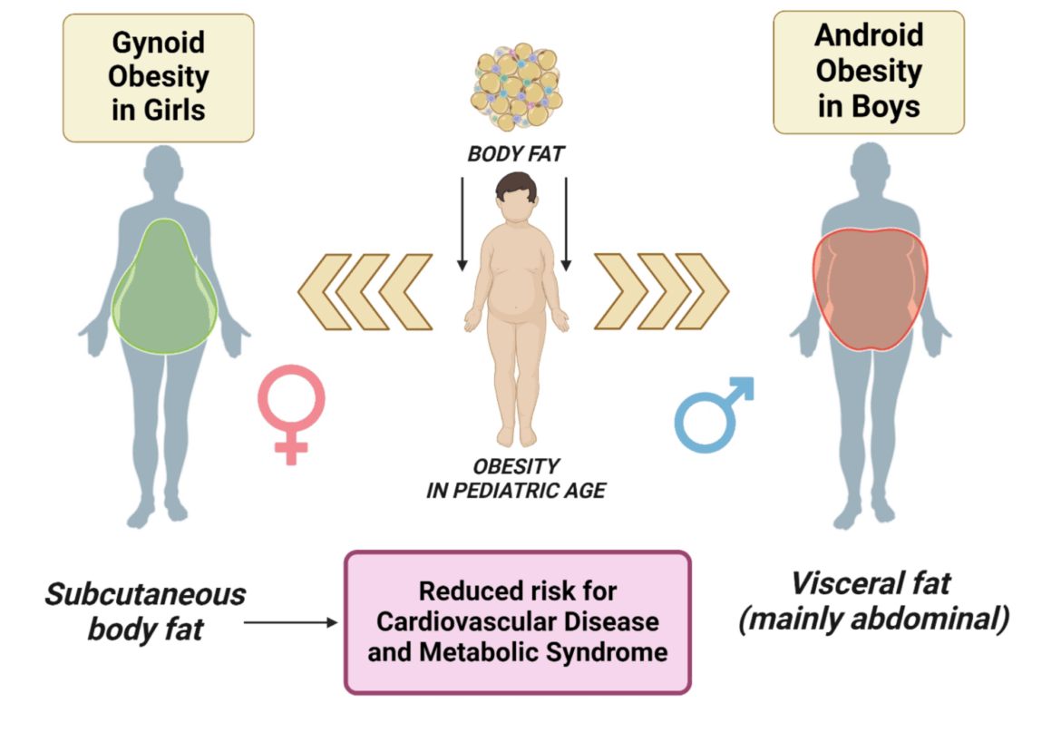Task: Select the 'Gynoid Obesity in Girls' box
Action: [x=158, y=77]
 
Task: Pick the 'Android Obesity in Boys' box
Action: [x=868, y=72]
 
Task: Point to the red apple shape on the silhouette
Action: [x=870, y=289]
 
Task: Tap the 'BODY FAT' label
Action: [x=515, y=154]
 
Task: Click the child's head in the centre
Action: [x=514, y=196]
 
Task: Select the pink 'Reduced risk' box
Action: [x=518, y=621]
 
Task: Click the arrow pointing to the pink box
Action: [x=290, y=622]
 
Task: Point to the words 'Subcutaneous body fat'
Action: [x=145, y=611]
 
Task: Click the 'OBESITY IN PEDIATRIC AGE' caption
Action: [x=515, y=479]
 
